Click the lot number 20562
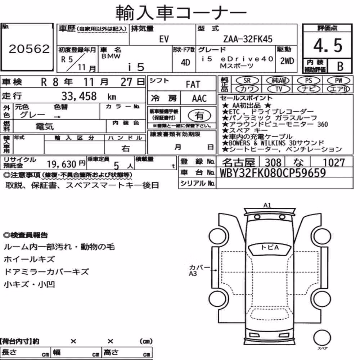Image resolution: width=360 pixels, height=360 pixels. click(29, 49)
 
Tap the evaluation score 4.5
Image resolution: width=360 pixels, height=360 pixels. click(328, 45)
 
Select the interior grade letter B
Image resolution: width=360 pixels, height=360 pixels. click(340, 66)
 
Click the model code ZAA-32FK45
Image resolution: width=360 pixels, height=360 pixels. click(248, 39)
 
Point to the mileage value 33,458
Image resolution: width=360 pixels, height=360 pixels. click(79, 96)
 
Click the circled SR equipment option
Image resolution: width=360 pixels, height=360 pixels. click(247, 80)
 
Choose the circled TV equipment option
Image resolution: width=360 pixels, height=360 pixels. click(279, 89)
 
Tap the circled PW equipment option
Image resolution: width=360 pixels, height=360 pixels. click(338, 80)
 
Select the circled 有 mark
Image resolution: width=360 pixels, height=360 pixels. click(199, 115)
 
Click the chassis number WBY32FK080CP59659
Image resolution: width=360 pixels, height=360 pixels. click(273, 173)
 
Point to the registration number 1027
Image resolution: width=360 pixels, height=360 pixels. click(334, 163)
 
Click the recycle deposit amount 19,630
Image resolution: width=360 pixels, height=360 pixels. click(62, 164)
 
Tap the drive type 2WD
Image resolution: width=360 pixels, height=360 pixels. click(287, 61)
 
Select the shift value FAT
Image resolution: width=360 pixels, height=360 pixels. click(193, 85)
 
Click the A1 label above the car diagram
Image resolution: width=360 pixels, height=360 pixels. click(267, 205)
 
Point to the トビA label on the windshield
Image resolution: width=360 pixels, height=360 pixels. click(270, 248)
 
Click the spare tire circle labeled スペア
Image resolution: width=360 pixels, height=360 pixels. click(322, 338)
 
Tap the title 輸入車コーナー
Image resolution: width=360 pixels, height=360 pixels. click(181, 12)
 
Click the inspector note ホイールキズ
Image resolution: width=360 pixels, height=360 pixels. click(29, 259)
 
